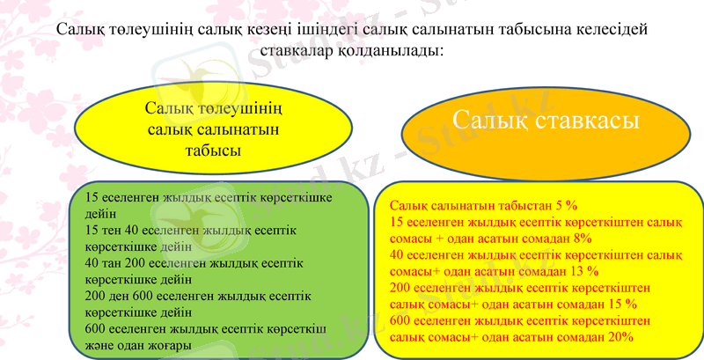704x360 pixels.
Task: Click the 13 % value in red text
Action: (582, 270)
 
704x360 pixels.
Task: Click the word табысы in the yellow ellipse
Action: (214, 151)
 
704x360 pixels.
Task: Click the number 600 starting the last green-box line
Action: (95, 329)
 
